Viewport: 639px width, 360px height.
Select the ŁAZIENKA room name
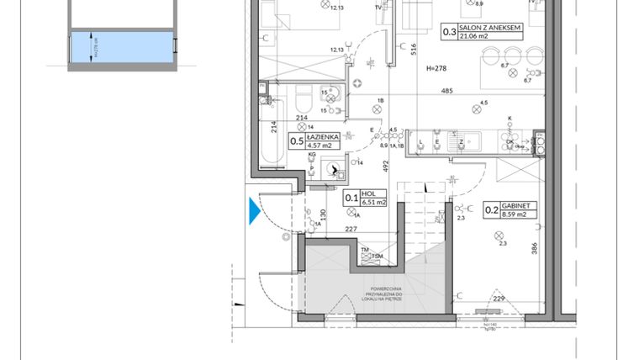pyautogui.click(x=325, y=136)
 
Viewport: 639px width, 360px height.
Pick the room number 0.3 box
pyautogui.click(x=448, y=32)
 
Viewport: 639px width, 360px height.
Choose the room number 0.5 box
pyautogui.click(x=297, y=141)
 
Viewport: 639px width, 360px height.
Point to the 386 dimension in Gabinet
pyautogui.click(x=534, y=249)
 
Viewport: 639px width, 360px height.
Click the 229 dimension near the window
pyautogui.click(x=499, y=299)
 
